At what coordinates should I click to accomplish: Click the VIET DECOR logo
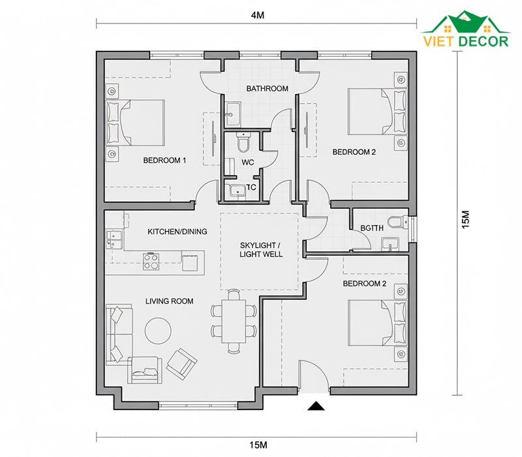coord(466,29)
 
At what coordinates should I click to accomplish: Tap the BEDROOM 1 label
coord(164,160)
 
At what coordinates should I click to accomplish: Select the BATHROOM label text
coord(267,89)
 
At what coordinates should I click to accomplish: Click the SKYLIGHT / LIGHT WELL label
coord(261,250)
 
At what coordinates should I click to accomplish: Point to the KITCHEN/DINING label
coord(177,232)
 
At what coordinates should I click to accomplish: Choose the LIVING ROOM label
coord(169,301)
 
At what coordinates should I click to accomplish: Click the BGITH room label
coord(372,228)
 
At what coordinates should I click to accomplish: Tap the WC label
coord(248,163)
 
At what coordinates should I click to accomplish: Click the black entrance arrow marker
coord(316,405)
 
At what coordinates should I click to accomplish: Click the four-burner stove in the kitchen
coord(151,261)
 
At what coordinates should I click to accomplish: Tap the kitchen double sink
coord(114,239)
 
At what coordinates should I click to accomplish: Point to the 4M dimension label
coord(257,15)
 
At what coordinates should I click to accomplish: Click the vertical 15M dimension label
coord(465,219)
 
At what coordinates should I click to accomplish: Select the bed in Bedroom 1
coord(135,123)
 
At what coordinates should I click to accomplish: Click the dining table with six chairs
coord(234,321)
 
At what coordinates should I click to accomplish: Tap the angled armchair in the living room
coord(182,364)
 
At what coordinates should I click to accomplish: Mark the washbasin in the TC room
coord(238,191)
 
